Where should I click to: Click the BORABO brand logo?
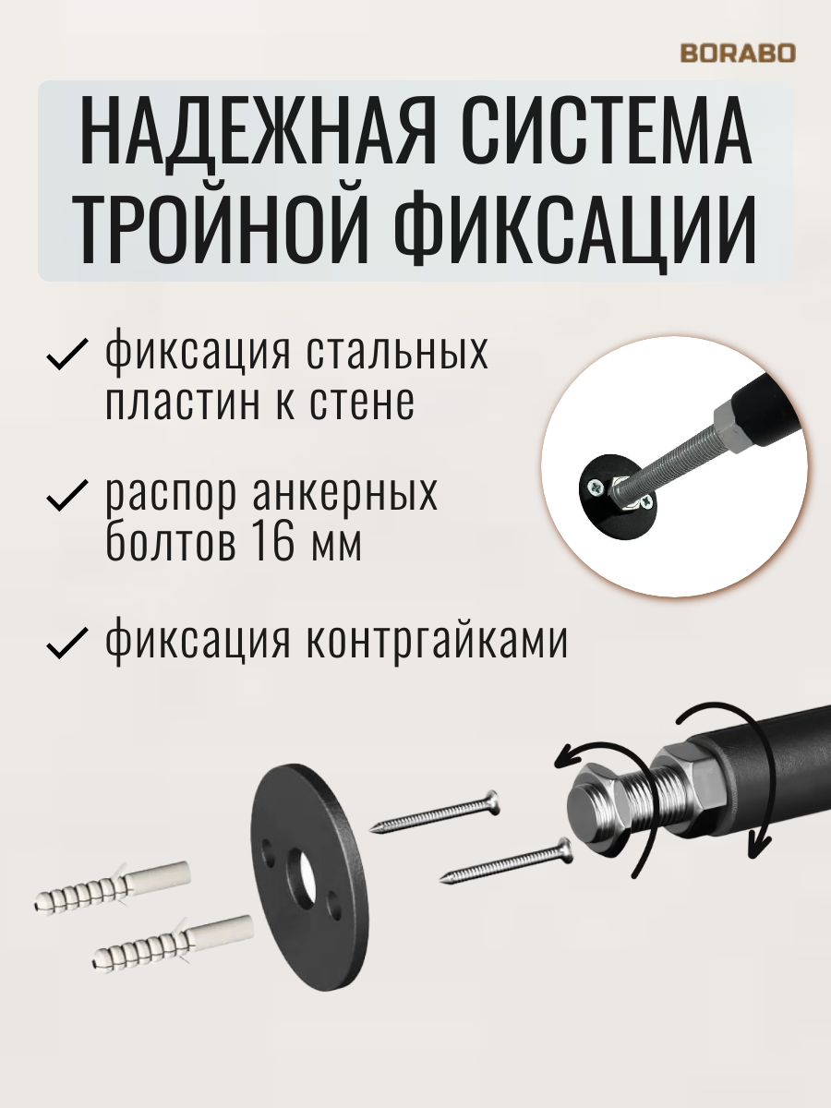[737, 53]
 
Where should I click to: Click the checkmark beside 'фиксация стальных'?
[66, 355]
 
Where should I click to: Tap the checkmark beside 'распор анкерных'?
[66, 498]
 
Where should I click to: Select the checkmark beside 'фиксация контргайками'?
[66, 642]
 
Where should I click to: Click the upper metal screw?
[434, 813]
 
